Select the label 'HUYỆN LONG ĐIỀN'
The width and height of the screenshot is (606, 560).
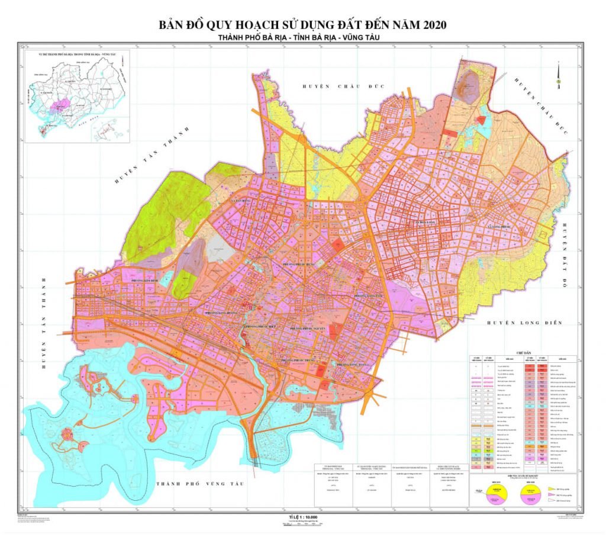[x=523, y=323]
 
